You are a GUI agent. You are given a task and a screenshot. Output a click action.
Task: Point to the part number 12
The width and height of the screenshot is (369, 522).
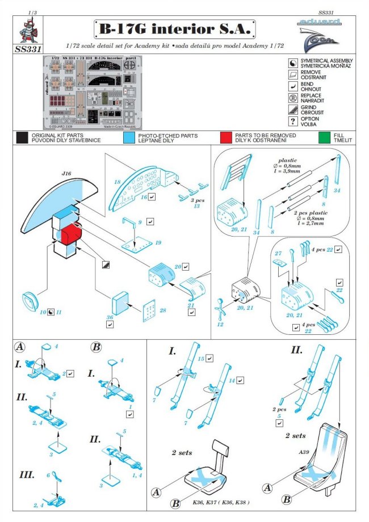coord(221,324)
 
